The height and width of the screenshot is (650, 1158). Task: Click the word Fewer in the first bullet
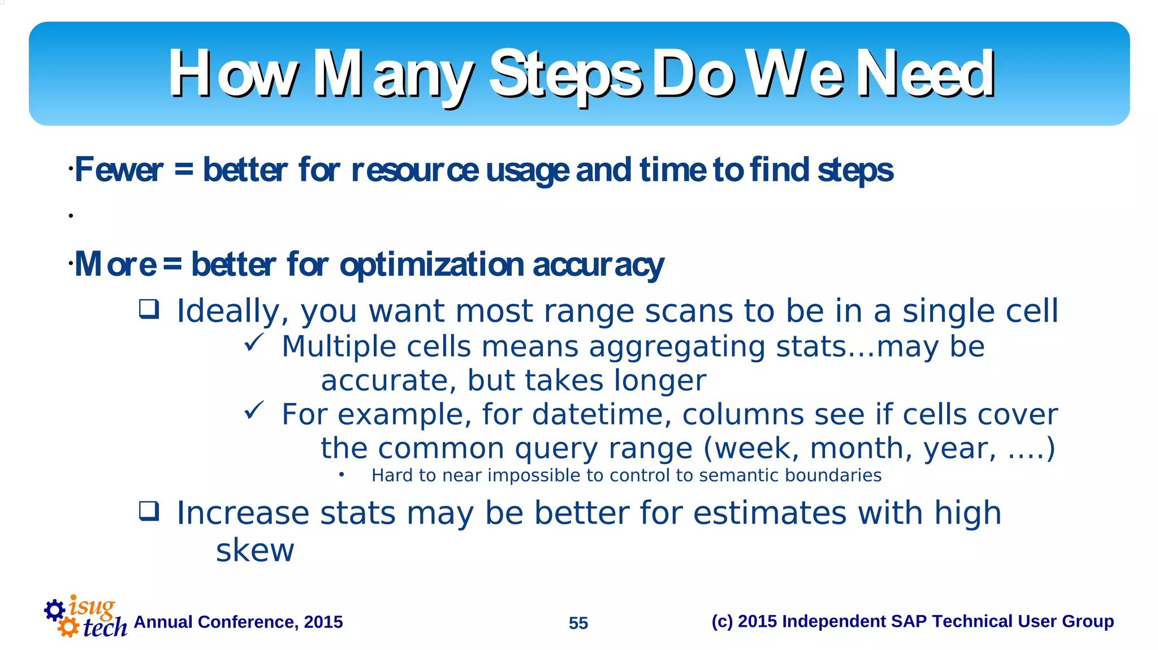pyautogui.click(x=119, y=170)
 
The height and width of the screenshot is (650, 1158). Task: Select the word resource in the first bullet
pyautogui.click(x=414, y=170)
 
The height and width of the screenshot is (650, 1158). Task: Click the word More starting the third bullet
pyautogui.click(x=115, y=265)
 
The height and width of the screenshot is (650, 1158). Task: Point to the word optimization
pyautogui.click(x=432, y=265)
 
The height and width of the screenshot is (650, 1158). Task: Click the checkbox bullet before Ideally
pyautogui.click(x=149, y=309)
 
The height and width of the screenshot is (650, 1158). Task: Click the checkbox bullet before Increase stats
pyautogui.click(x=149, y=511)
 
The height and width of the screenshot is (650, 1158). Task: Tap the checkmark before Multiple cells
pyautogui.click(x=254, y=342)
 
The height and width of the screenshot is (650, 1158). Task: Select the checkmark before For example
pyautogui.click(x=254, y=410)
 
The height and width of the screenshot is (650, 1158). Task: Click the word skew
pyautogui.click(x=255, y=550)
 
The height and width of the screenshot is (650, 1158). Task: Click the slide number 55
pyautogui.click(x=578, y=623)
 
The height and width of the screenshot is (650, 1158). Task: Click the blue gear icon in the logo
pyautogui.click(x=54, y=610)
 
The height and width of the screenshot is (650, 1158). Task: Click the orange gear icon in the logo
pyautogui.click(x=68, y=627)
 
